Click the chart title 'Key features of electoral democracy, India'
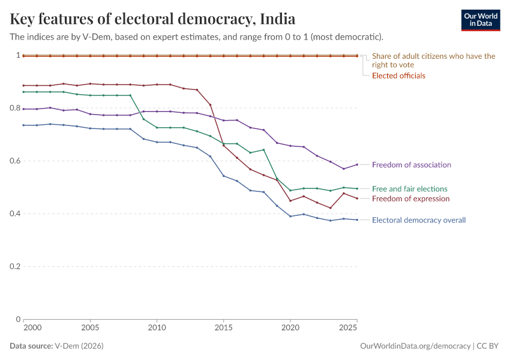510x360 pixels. coord(152,19)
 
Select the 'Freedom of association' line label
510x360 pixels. coord(411,165)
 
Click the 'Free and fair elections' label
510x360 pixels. coord(409,189)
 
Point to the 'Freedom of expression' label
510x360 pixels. coord(410,199)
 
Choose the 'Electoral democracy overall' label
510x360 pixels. coord(418,220)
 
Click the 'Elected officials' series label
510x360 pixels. coord(398,76)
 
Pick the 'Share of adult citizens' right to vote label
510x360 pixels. coord(433,60)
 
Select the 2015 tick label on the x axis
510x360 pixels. coord(224,329)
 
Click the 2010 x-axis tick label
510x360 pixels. coord(157,329)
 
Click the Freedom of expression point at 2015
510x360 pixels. coord(224,145)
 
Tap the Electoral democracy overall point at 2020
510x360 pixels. coord(290,216)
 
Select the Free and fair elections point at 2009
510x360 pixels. coord(143,119)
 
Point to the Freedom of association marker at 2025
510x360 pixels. coord(357,164)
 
